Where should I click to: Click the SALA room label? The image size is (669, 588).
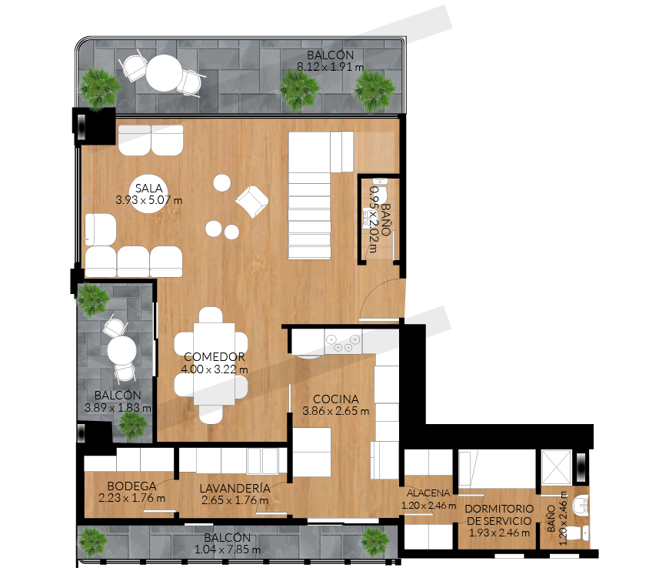(149, 188)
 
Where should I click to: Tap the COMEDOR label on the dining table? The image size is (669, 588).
(215, 357)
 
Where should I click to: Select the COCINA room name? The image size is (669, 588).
(336, 399)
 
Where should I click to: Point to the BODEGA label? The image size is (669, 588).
(131, 486)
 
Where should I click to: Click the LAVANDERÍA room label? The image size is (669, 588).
(235, 488)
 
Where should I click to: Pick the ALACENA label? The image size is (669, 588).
(428, 493)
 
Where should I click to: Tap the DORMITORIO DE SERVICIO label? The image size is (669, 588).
(499, 515)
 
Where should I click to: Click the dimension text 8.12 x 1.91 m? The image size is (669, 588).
(330, 67)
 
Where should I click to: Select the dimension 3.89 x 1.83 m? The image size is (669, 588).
(118, 408)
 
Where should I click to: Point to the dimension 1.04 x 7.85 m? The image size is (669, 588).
(228, 550)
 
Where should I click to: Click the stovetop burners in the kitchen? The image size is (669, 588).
(343, 342)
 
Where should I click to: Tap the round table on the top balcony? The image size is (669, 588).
(165, 73)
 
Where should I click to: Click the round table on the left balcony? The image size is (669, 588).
(121, 350)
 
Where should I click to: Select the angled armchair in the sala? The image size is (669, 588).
(251, 202)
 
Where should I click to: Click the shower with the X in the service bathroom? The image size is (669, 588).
(557, 466)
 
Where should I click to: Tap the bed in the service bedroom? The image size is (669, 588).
(497, 469)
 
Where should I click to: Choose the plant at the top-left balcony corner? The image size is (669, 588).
(99, 89)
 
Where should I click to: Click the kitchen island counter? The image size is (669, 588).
(312, 453)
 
